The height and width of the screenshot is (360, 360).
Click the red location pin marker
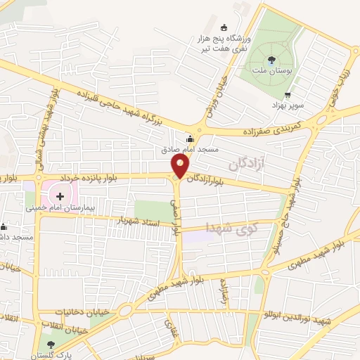click(x=180, y=167)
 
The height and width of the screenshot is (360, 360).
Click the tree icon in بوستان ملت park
click(x=272, y=59)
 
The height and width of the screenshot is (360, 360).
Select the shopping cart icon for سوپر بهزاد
click(x=287, y=95)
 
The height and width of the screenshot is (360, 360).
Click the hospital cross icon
click(x=60, y=195)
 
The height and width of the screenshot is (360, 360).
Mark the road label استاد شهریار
click(x=145, y=223)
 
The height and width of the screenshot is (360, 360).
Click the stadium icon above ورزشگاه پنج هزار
click(x=224, y=27)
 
